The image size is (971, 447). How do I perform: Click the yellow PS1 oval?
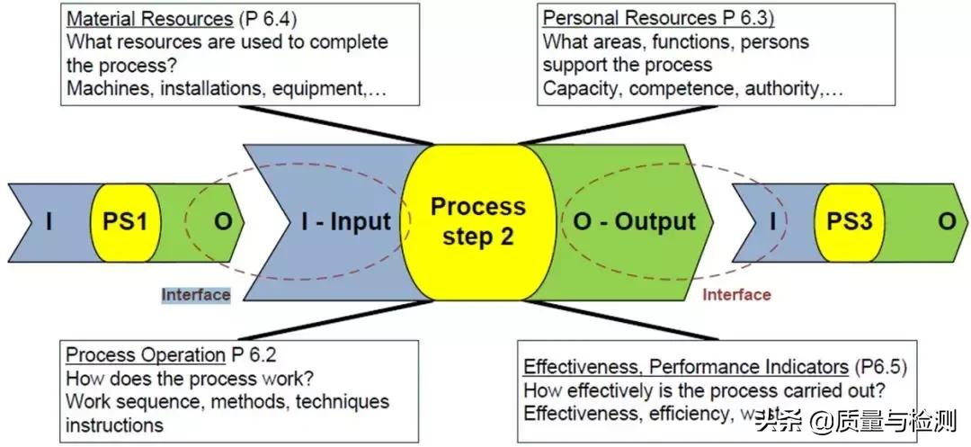(124, 221)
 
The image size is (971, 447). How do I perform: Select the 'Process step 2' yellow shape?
(477, 221)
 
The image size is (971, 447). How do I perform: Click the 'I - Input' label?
(346, 222)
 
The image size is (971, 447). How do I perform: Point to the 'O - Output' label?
(635, 221)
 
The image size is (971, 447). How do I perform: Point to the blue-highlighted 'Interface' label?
(196, 294)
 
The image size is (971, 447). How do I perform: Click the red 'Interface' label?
(736, 294)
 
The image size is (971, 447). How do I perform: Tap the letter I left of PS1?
(49, 221)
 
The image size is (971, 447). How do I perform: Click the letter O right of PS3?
(947, 221)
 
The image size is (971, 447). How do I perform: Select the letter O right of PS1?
(222, 221)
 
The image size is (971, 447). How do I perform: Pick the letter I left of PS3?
(771, 221)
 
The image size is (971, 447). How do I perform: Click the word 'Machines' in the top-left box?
(103, 89)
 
